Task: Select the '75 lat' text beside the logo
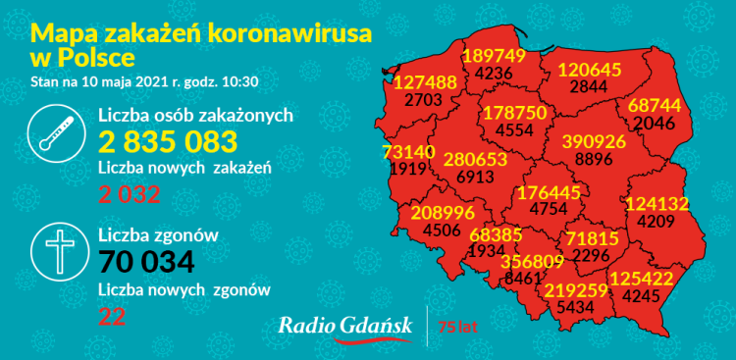point(458,326)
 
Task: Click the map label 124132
point(656,204)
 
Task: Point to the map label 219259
point(575,290)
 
